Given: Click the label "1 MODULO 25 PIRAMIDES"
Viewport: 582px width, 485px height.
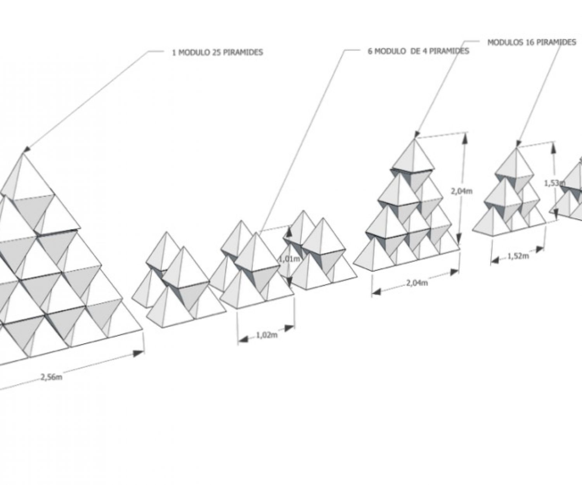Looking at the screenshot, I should coord(217,52).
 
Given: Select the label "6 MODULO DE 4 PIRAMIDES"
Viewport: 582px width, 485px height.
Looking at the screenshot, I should coord(419,51).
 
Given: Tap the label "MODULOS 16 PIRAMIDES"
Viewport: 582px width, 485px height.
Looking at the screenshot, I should coord(532,43).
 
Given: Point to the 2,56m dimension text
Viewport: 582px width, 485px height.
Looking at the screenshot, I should coord(51,376).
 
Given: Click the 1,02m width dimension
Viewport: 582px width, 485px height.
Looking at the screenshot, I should coord(267,336).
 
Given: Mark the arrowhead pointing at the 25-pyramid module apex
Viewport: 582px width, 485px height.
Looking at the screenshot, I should coord(26,150).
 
